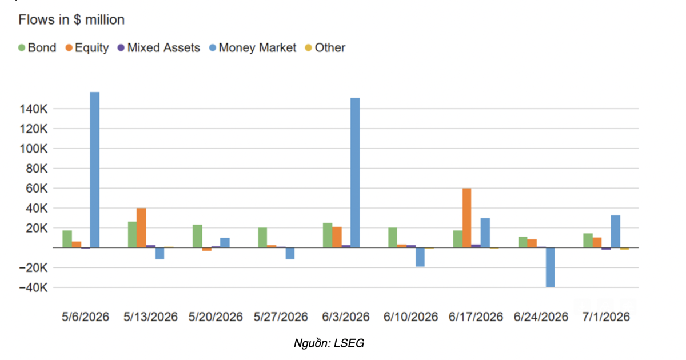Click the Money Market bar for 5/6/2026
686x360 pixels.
point(95,170)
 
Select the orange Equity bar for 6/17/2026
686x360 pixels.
point(466,218)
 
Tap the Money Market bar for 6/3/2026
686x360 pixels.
point(355,173)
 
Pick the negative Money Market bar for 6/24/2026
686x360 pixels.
point(551,267)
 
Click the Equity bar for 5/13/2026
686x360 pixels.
point(141,228)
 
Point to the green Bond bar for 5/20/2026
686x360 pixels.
point(198,236)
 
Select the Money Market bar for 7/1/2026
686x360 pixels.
point(615,231)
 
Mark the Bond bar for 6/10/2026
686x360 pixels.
point(393,238)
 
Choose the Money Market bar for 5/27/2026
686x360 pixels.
point(290,253)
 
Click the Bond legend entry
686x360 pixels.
point(37,48)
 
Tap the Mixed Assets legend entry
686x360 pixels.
point(159,48)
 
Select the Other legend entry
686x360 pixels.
point(325,48)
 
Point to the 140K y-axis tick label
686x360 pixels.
point(34,109)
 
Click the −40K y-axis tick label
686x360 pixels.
point(33,288)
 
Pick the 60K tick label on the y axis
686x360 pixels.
point(37,189)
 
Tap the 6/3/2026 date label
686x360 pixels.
point(346,317)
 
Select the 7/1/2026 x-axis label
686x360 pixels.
point(606,317)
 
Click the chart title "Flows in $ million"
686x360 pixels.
point(71,20)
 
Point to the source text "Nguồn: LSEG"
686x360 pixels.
point(329,343)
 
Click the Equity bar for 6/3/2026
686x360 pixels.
point(337,237)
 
